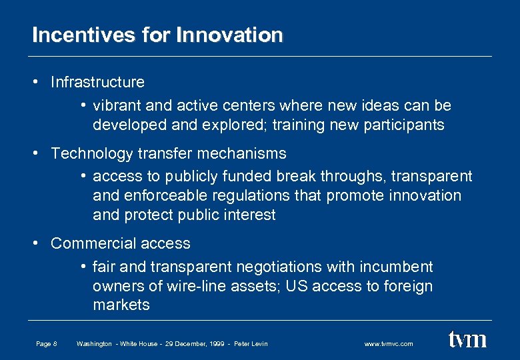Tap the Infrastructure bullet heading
[x=97, y=82]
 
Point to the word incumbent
[x=399, y=267]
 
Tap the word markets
[x=121, y=305]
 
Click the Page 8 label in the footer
[x=47, y=344]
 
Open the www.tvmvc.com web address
[x=389, y=344]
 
